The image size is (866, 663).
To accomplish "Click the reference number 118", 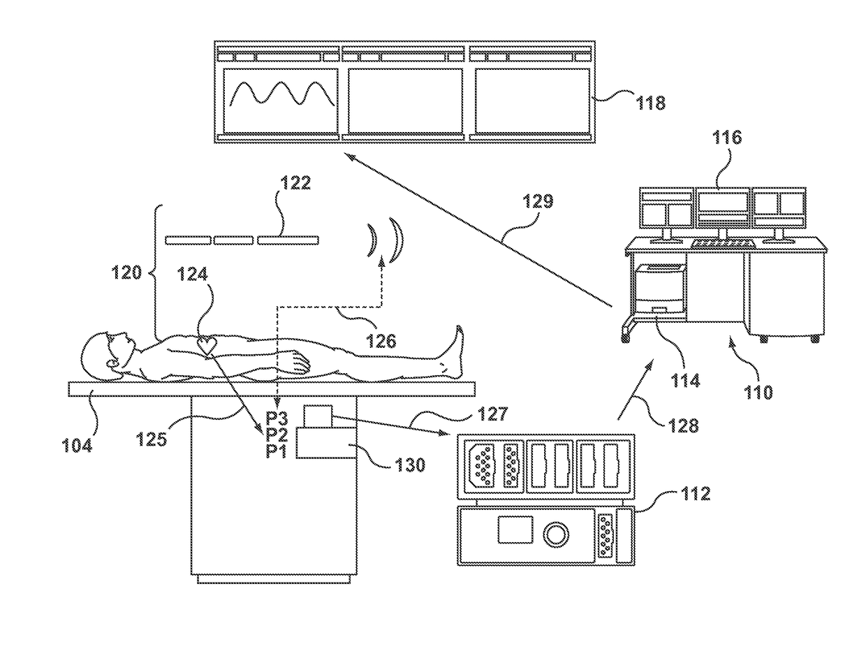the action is tap(650, 103).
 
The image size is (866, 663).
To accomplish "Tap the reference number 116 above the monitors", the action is tap(726, 138).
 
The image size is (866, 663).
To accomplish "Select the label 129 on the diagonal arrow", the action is tap(538, 201).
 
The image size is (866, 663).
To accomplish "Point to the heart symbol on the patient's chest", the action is tap(207, 345).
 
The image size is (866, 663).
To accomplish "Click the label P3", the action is tap(277, 418).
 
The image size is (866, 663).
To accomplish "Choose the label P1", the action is tap(277, 451).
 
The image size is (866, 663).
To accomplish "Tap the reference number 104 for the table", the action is tap(77, 446).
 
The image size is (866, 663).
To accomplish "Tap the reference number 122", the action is tap(295, 183).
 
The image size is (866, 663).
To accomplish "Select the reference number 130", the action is tap(410, 465).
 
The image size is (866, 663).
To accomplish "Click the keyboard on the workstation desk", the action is tap(723, 244).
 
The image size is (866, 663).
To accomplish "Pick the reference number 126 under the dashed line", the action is tap(381, 340).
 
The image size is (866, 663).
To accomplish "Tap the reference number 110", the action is tap(758, 393).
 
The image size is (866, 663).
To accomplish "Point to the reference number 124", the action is tap(192, 273).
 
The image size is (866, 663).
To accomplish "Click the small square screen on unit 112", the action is tap(515, 530).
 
